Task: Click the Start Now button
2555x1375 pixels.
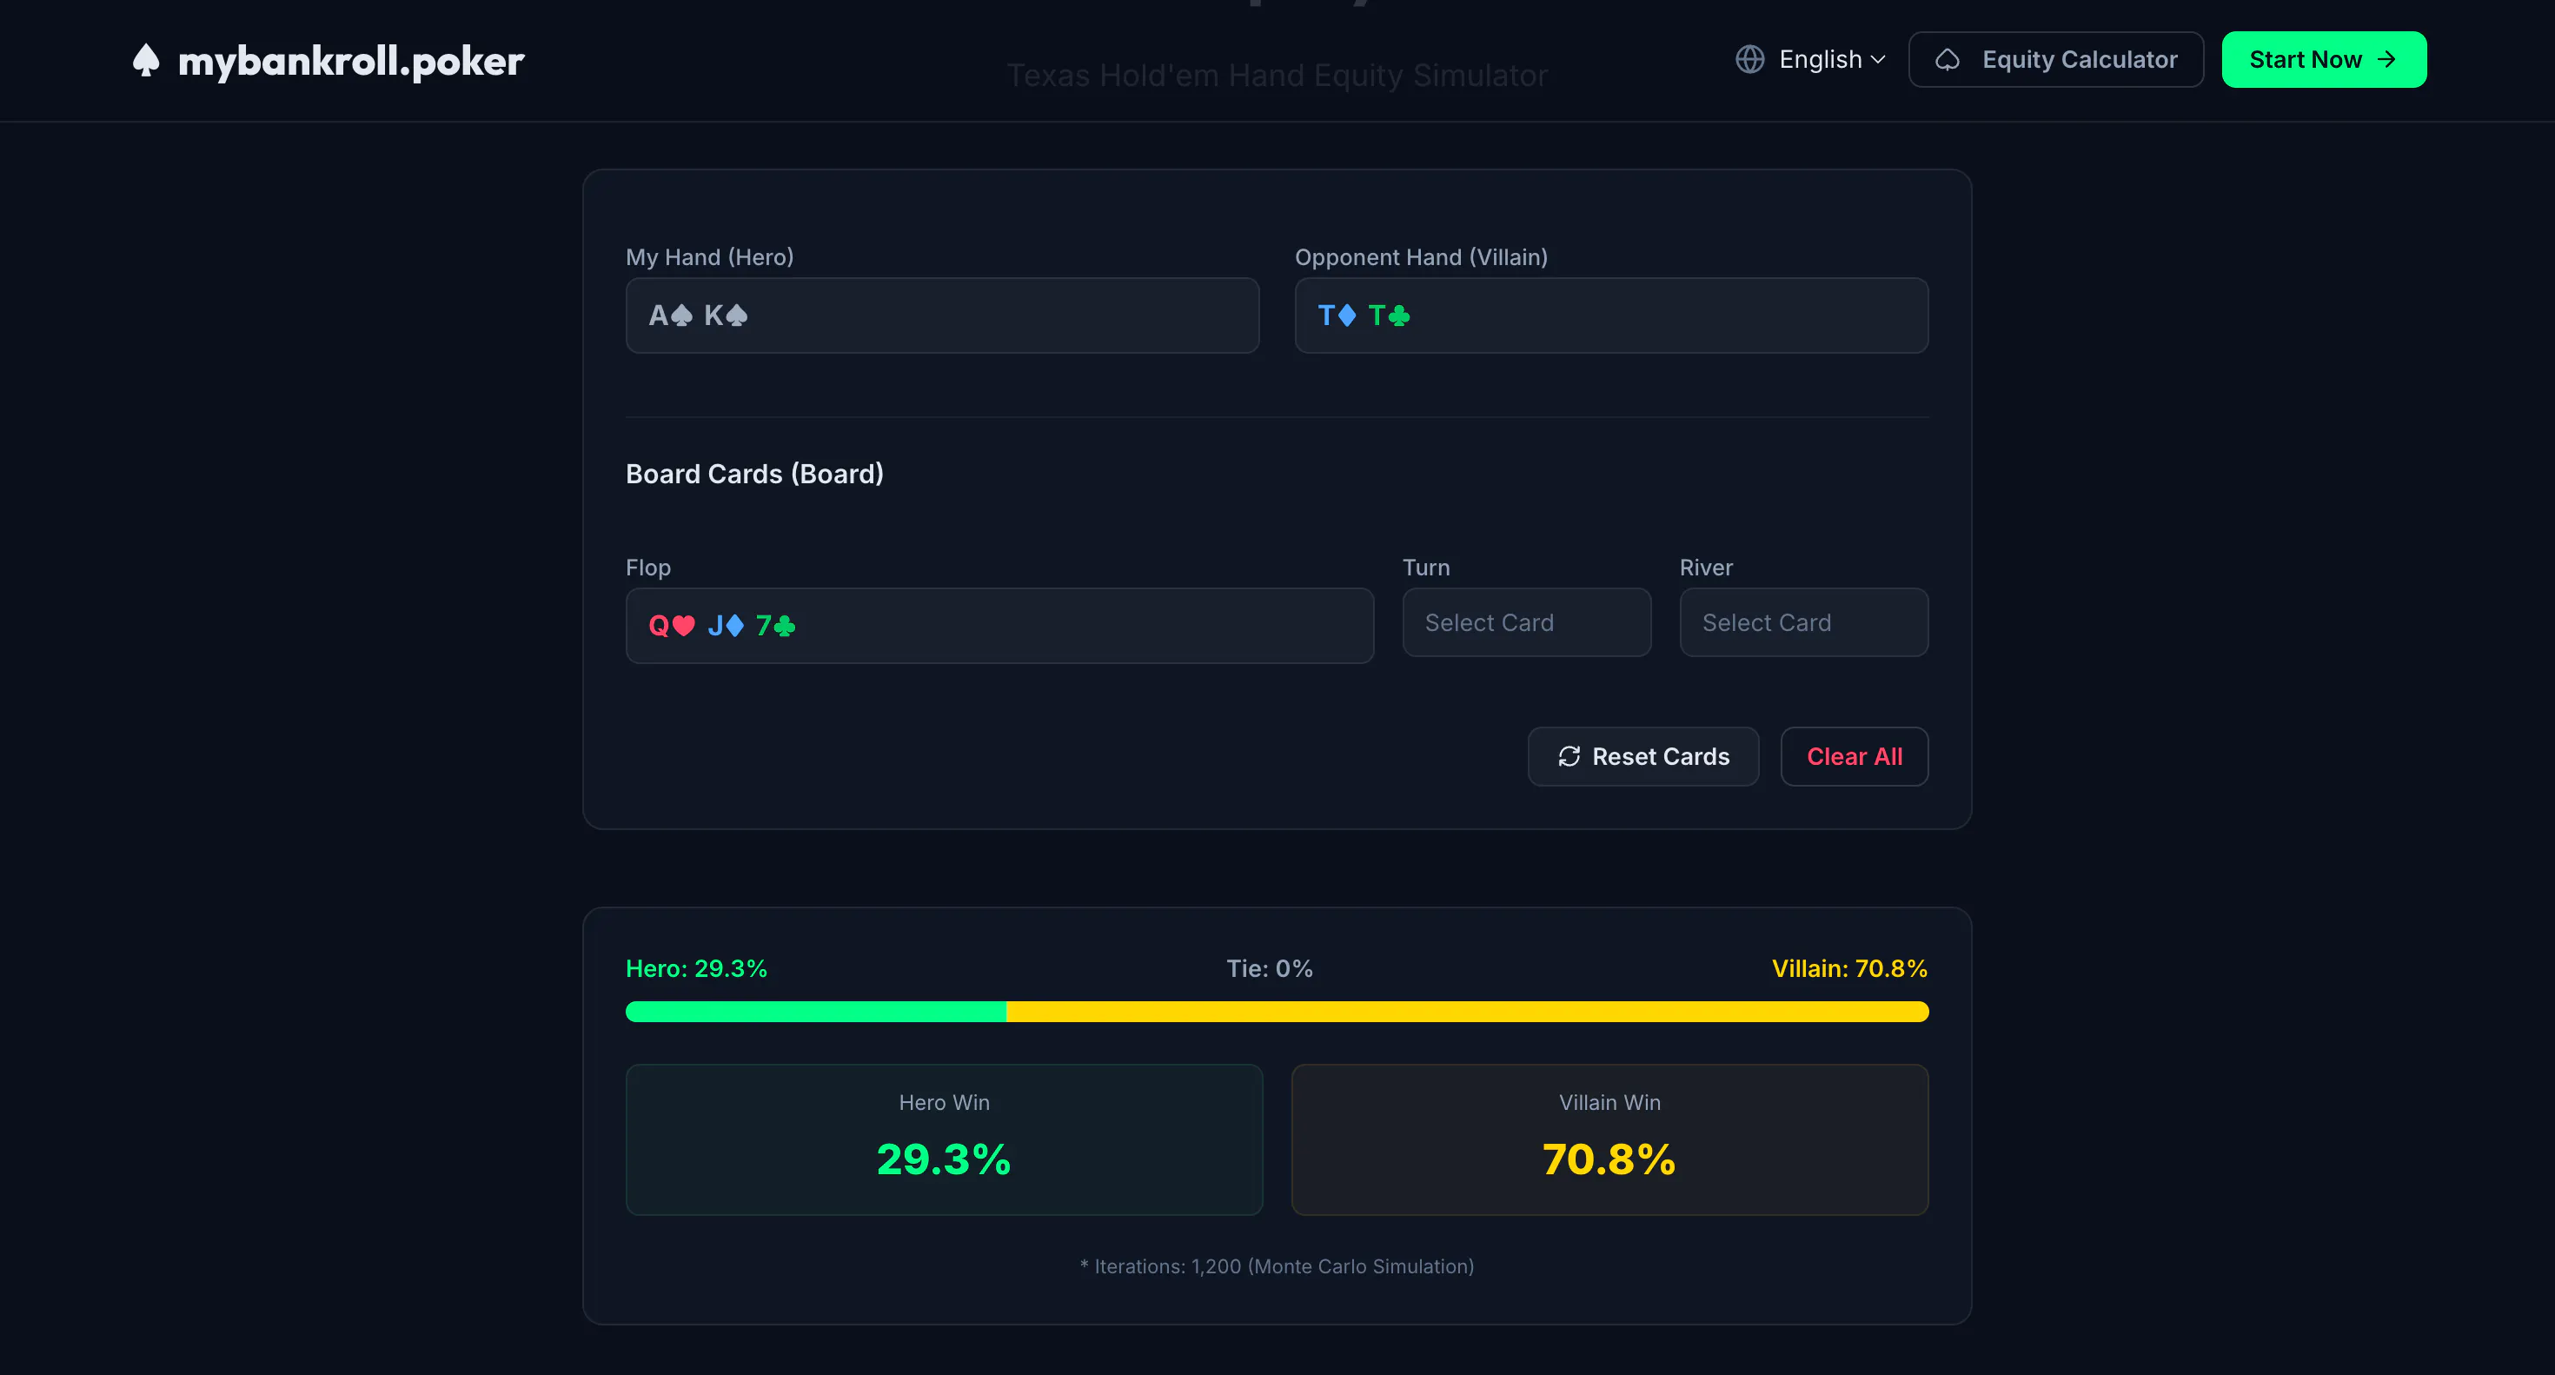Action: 2323,59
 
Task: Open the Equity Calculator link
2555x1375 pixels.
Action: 2055,59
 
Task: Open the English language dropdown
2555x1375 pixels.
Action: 1810,59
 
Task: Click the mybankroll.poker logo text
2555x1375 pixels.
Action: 351,62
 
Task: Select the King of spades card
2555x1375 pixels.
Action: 726,316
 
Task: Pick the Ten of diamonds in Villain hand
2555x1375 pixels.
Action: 1337,316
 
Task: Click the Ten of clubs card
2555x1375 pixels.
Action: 1389,316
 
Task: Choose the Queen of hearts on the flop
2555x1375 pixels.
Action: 672,626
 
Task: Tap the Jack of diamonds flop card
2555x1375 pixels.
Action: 725,626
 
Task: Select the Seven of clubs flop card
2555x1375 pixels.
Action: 775,626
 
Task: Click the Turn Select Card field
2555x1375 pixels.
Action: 1526,622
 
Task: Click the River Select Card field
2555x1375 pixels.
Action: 1803,622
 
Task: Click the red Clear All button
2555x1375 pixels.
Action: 1854,757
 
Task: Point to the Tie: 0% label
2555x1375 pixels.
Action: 1270,968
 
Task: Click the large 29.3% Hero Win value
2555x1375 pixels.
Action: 943,1159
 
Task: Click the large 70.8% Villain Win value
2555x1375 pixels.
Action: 1609,1159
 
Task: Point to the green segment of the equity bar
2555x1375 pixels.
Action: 816,1011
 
